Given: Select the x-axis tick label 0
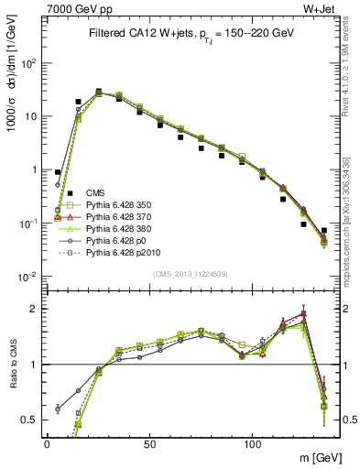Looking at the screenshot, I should pos(47,442).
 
